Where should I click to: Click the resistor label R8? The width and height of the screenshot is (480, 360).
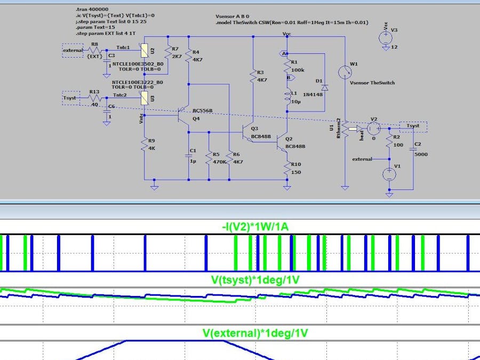click(94, 45)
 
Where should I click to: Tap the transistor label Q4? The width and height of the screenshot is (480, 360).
click(196, 118)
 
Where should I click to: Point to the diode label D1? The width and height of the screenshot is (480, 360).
click(319, 81)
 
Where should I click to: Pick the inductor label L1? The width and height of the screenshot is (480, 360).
click(294, 93)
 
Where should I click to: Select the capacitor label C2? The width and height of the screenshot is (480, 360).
click(418, 145)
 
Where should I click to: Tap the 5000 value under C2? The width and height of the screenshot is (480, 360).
click(421, 154)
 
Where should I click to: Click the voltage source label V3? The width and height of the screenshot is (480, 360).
click(394, 30)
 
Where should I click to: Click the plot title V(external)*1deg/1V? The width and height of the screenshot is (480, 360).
click(255, 333)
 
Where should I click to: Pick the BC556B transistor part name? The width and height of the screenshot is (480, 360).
click(203, 111)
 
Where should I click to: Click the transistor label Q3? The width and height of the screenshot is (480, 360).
click(254, 129)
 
